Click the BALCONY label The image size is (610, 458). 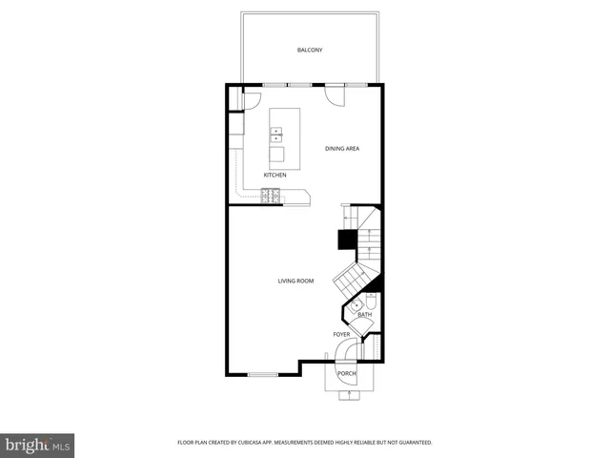click(x=310, y=50)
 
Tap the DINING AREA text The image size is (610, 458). click(x=342, y=149)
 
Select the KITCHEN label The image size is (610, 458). click(x=275, y=176)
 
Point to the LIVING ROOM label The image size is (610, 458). click(x=295, y=281)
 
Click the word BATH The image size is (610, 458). click(x=365, y=314)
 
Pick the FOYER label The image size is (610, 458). click(x=341, y=335)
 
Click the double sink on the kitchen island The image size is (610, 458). click(x=276, y=135)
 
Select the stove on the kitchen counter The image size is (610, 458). click(x=273, y=196)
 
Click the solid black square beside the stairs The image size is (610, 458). click(x=348, y=239)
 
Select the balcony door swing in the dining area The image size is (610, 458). click(x=335, y=94)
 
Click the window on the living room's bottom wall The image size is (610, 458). click(x=262, y=374)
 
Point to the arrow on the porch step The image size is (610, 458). click(x=349, y=392)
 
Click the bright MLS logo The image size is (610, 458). click(x=38, y=444)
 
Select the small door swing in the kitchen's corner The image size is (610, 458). click(x=252, y=97)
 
